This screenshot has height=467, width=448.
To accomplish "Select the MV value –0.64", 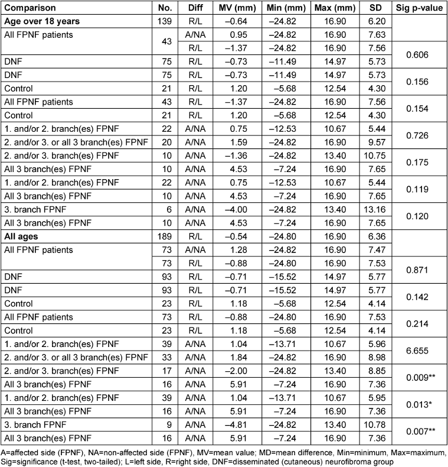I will (x=238, y=21).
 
